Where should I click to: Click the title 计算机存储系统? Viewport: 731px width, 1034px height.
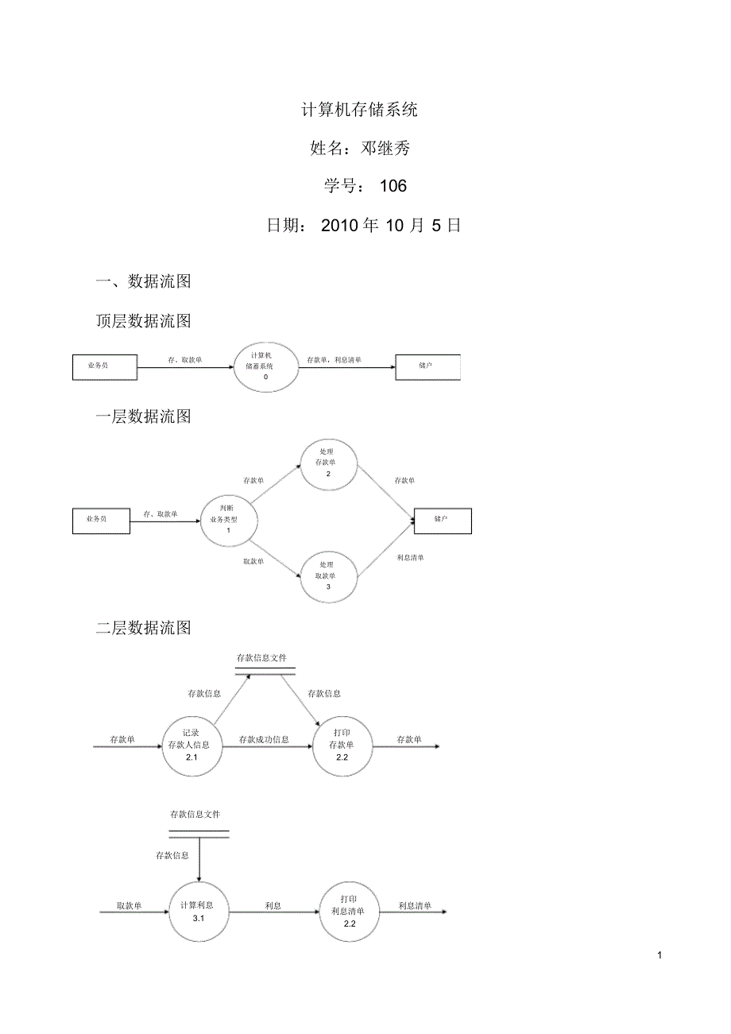tap(359, 110)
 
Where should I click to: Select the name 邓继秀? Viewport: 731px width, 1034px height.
tap(385, 148)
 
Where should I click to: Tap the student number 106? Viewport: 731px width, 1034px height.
tap(393, 186)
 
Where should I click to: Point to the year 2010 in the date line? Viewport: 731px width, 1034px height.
tap(339, 226)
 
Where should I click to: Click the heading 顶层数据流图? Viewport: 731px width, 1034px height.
tap(143, 321)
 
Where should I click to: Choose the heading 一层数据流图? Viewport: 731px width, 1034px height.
tap(143, 416)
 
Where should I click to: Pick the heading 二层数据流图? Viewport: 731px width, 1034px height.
tap(143, 628)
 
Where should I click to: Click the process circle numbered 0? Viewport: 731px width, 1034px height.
tap(265, 366)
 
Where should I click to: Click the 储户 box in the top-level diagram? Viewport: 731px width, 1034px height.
tap(427, 366)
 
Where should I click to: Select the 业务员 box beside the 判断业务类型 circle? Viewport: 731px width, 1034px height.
tap(101, 520)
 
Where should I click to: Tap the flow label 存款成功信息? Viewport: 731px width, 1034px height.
tap(264, 740)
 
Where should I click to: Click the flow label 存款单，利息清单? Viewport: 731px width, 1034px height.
tap(334, 360)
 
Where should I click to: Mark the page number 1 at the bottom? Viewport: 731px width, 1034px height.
tap(659, 955)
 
